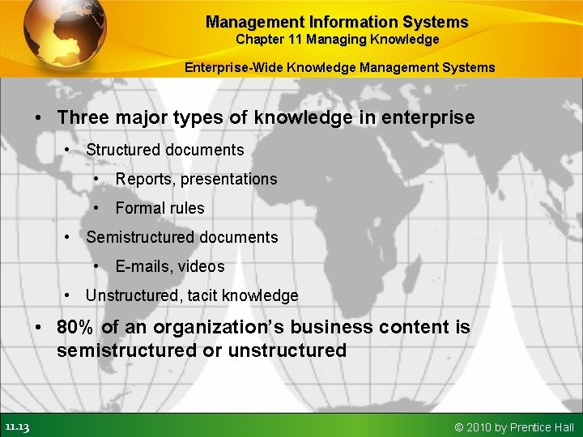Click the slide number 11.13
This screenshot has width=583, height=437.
click(16, 426)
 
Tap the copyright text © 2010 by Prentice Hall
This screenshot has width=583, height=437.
click(514, 426)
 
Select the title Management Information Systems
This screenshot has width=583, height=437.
click(337, 22)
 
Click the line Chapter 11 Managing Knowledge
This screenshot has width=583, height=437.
click(337, 39)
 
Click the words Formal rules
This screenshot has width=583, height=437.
click(160, 208)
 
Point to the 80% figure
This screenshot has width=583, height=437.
click(76, 328)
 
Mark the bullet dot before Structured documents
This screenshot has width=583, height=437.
click(69, 151)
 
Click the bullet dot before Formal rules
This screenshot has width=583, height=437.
click(98, 208)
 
